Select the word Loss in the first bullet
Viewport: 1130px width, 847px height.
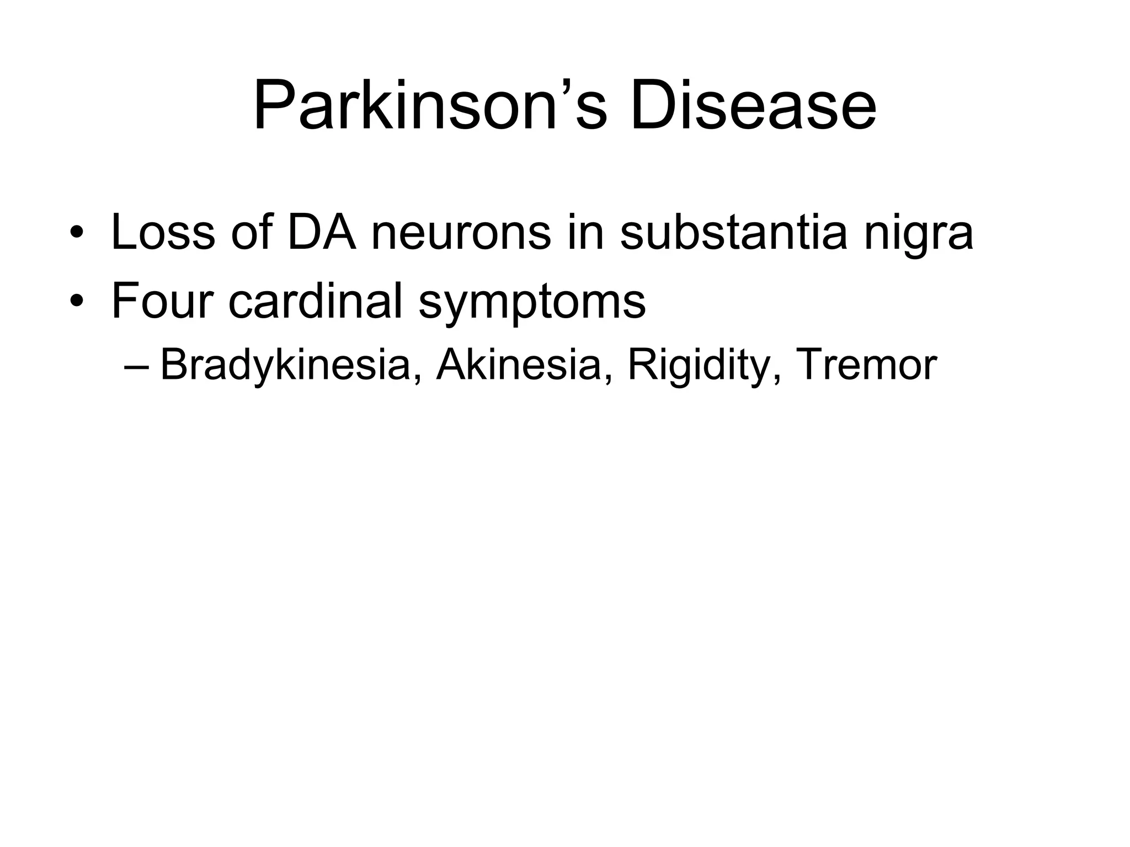pyautogui.click(x=163, y=233)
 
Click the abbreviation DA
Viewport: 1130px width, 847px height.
pyautogui.click(x=322, y=233)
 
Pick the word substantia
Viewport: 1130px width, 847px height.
pyautogui.click(x=733, y=233)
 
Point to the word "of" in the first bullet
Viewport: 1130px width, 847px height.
pyautogui.click(x=252, y=233)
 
